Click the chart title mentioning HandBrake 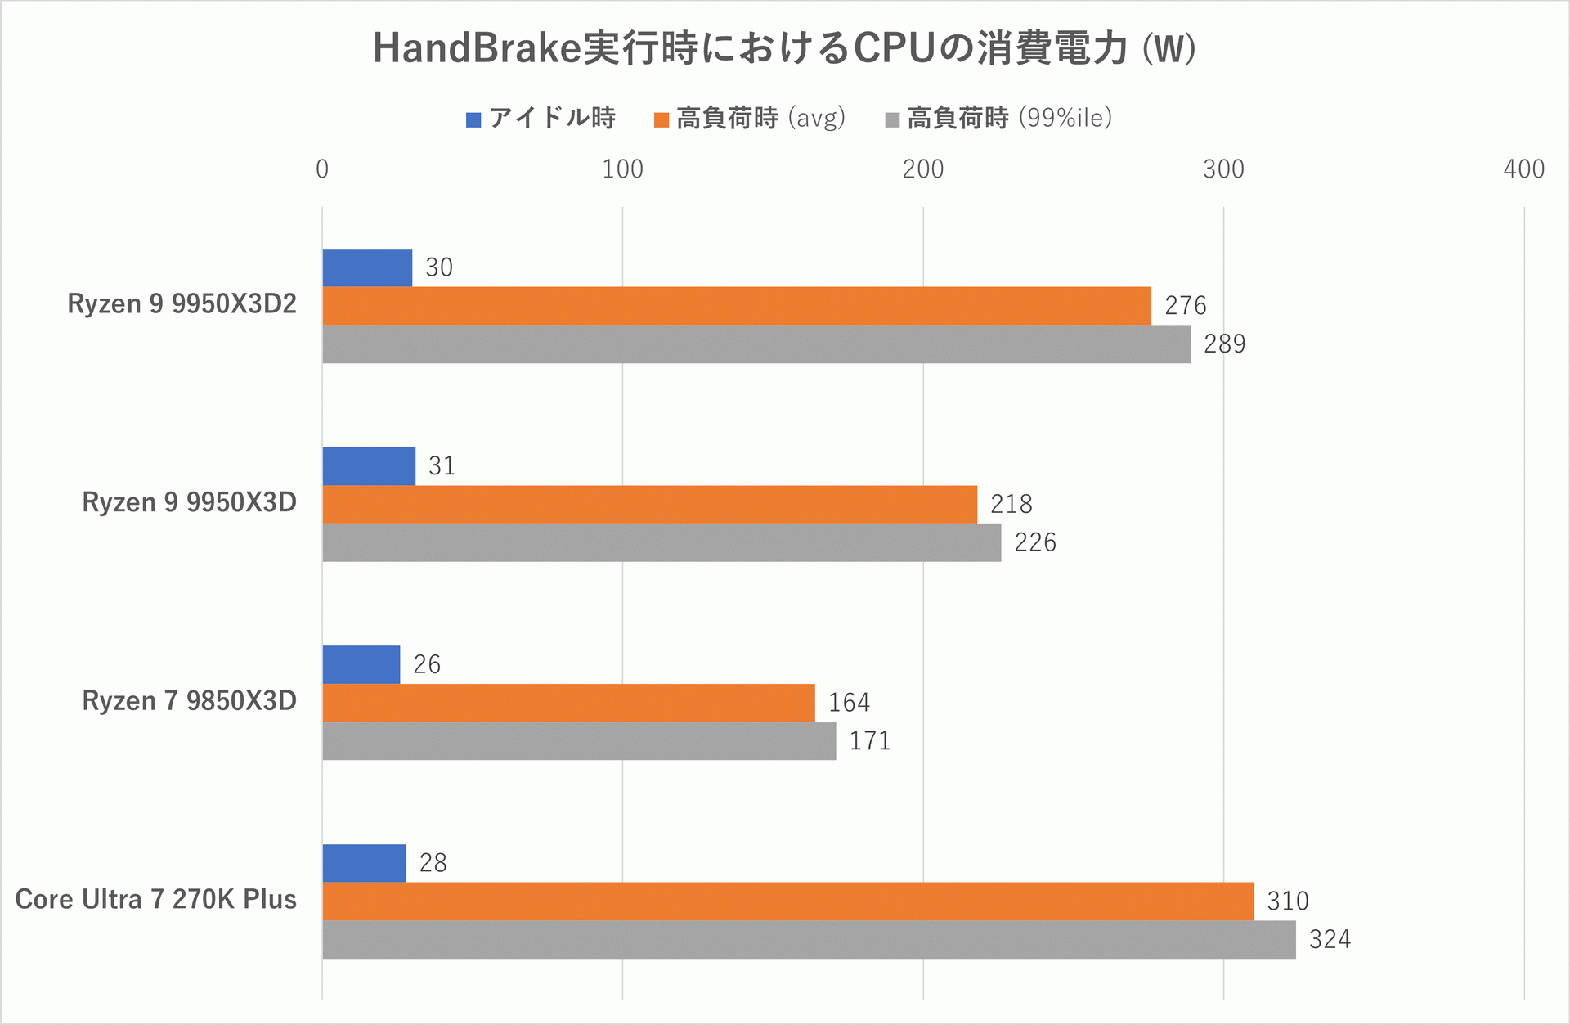tap(783, 49)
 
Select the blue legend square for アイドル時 tap(473, 120)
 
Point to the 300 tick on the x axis tap(1223, 169)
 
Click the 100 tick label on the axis tap(622, 169)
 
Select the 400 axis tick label tap(1523, 169)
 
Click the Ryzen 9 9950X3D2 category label tap(182, 304)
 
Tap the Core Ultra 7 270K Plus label tap(155, 900)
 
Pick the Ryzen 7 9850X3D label tap(189, 701)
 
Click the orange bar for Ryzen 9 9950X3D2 tap(736, 306)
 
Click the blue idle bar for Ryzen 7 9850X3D tap(361, 664)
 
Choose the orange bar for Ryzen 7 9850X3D tap(568, 703)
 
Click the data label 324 tap(1330, 940)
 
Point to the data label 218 tap(1012, 505)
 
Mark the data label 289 tap(1224, 344)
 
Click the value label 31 tap(442, 466)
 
